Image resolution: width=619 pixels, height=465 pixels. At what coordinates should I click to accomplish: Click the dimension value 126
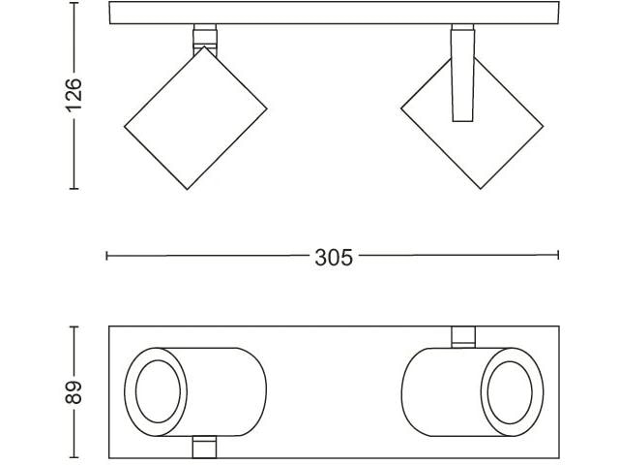click(74, 95)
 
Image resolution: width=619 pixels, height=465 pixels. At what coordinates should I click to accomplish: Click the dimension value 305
click(334, 258)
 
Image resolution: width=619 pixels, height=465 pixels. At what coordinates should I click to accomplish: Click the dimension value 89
click(74, 392)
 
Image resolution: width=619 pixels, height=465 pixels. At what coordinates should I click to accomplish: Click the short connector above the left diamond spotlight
click(205, 38)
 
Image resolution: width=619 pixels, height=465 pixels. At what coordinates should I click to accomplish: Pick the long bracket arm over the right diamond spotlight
click(462, 74)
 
